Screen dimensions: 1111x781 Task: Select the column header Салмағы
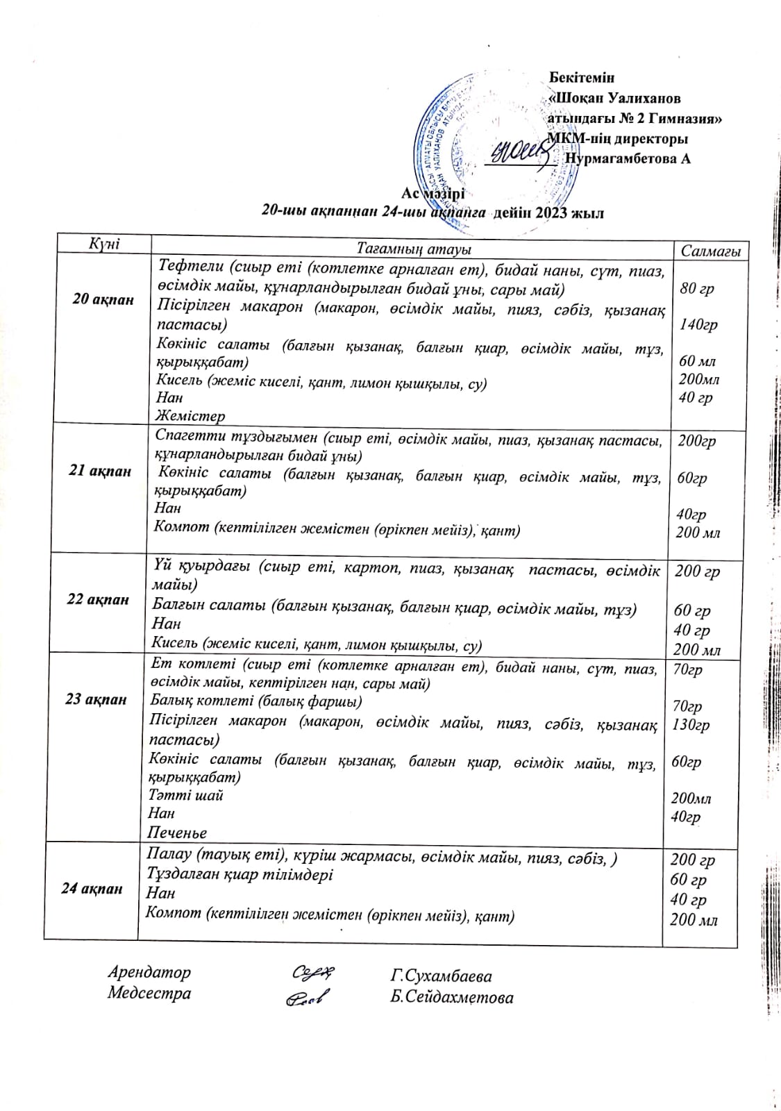710,251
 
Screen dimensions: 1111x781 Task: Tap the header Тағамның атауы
414,248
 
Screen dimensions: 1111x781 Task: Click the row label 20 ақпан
103,300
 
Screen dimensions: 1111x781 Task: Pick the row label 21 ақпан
101,470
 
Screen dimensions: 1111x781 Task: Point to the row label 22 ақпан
98,599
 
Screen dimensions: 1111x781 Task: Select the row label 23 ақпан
96,699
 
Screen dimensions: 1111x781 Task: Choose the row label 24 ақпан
92,888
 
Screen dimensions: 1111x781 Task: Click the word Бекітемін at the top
582,77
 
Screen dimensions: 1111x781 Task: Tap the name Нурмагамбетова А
628,159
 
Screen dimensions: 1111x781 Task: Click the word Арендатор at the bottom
149,972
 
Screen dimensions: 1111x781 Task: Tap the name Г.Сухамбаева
441,976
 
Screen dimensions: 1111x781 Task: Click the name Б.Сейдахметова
451,998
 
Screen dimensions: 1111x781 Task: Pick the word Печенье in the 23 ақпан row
177,832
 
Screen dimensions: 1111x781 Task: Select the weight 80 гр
697,288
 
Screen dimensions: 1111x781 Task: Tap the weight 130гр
690,724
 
